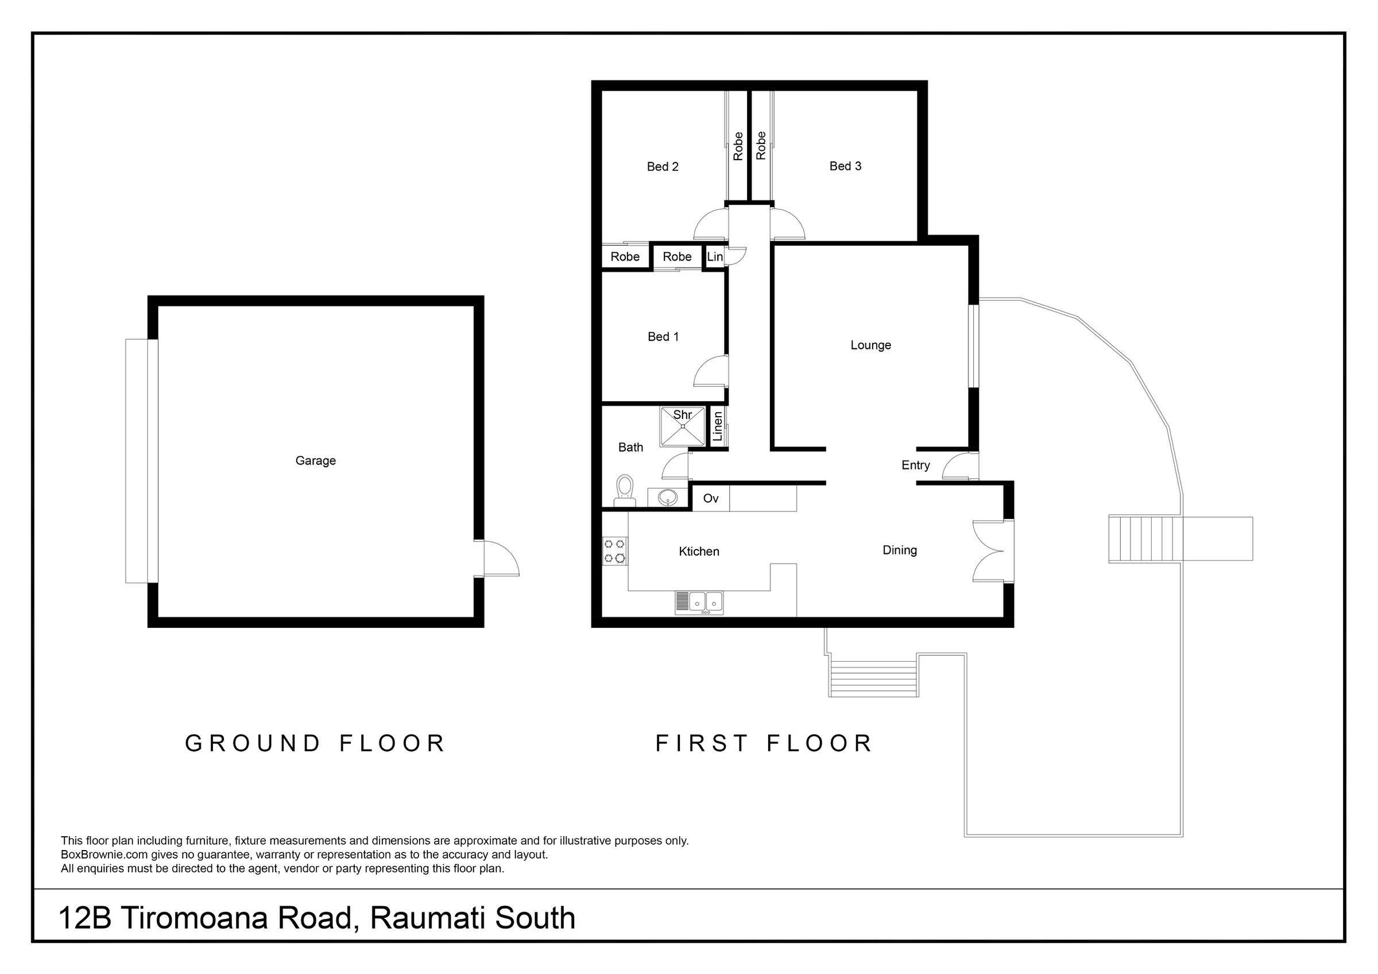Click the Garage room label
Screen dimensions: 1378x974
coord(315,461)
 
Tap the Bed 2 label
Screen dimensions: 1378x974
coord(663,167)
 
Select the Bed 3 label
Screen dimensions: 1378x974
coord(845,166)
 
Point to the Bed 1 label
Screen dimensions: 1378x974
coord(663,337)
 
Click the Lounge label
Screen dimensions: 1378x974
coord(870,346)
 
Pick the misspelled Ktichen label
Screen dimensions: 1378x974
coord(699,552)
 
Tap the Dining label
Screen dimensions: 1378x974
coord(900,550)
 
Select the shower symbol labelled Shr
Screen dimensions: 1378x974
coord(683,426)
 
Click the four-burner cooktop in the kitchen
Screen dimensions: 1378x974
coord(615,552)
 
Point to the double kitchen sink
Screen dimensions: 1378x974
coord(699,603)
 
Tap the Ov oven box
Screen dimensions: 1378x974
coord(711,499)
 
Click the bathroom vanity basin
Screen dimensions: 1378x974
coord(667,497)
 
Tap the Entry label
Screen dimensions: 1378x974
coord(915,465)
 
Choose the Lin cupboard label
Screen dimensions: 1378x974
coord(715,257)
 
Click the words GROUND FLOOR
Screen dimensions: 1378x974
coord(315,743)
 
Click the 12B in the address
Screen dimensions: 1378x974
coord(85,918)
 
